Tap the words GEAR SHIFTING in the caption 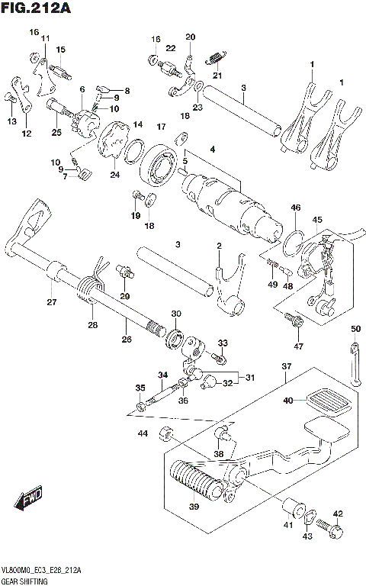coord(26,581)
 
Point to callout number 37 coord(287,367)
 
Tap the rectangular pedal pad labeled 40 coord(327,401)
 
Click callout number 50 coord(355,329)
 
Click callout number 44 coord(143,434)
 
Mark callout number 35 coord(140,388)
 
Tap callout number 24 coord(114,175)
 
